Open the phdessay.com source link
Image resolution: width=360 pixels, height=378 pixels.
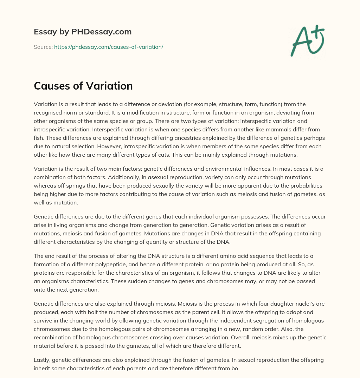[x=108, y=47]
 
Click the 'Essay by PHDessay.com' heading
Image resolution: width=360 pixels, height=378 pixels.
[x=83, y=32]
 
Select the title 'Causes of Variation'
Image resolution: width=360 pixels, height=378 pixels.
[x=83, y=86]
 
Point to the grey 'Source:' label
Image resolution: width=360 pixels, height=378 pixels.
[x=43, y=47]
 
